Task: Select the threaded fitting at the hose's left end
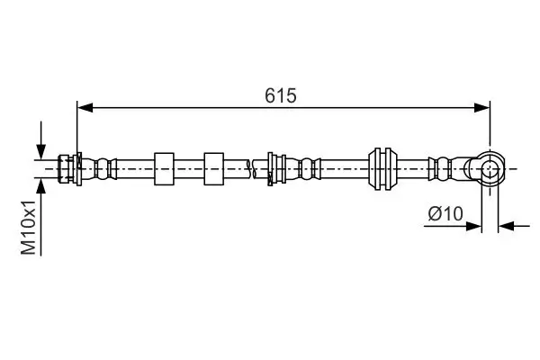[x=66, y=166]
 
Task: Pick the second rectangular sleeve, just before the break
[x=214, y=166]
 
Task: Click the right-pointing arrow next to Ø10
[x=473, y=226]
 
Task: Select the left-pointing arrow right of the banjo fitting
[x=507, y=226]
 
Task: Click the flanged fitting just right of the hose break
[x=276, y=166]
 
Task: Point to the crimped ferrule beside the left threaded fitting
[x=101, y=166]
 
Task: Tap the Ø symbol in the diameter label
[x=434, y=213]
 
